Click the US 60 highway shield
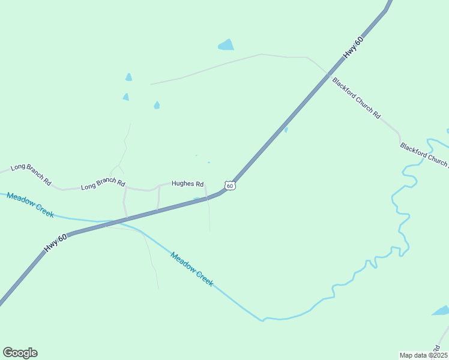point(230,186)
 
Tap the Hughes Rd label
point(188,184)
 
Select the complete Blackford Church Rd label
point(357,97)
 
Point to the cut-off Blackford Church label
point(424,154)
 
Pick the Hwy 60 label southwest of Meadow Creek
point(55,242)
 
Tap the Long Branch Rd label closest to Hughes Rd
point(103,185)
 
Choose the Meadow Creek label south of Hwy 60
point(191,268)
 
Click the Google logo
point(20,353)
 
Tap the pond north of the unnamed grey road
point(226,44)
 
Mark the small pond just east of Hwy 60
point(286,130)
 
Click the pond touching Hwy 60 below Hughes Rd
point(196,199)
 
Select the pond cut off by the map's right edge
point(441,311)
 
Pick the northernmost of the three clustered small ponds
point(128,77)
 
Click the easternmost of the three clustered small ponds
point(157,105)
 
